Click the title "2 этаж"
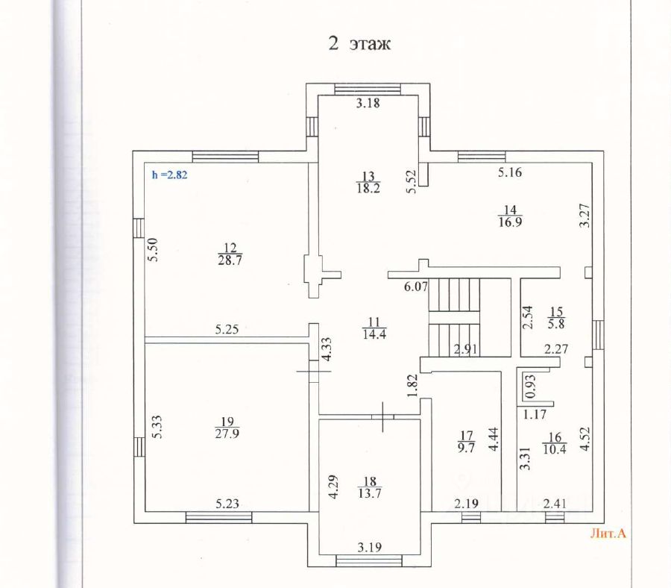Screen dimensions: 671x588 [360, 43]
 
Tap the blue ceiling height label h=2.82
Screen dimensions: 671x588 [169, 176]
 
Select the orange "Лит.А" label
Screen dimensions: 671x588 [608, 533]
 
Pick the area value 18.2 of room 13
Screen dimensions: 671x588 [368, 189]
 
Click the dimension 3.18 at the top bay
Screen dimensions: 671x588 [368, 104]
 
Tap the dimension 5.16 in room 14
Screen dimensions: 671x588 [510, 173]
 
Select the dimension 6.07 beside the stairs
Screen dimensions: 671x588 [415, 286]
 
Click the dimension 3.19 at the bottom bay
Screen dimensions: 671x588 [370, 548]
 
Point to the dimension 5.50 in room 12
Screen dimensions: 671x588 [153, 248]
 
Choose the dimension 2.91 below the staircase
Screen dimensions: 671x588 [465, 348]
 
